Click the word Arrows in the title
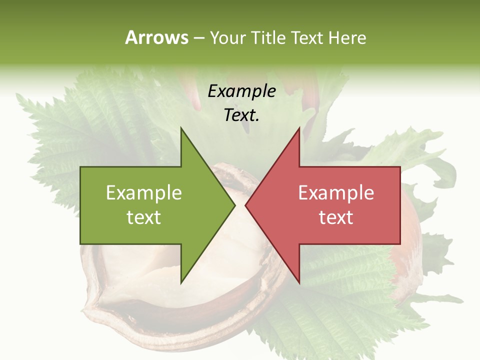[x=156, y=37]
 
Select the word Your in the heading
[x=228, y=37]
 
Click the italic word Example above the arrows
[x=241, y=91]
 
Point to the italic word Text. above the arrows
[x=241, y=115]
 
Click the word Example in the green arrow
[x=144, y=193]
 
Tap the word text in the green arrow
[x=144, y=217]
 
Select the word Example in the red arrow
[x=336, y=193]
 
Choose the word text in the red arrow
[x=336, y=217]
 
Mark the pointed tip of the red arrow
[x=246, y=205]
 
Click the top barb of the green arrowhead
[x=181, y=129]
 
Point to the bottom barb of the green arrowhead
[x=181, y=281]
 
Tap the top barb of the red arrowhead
[x=299, y=129]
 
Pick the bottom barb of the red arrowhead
[x=299, y=281]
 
